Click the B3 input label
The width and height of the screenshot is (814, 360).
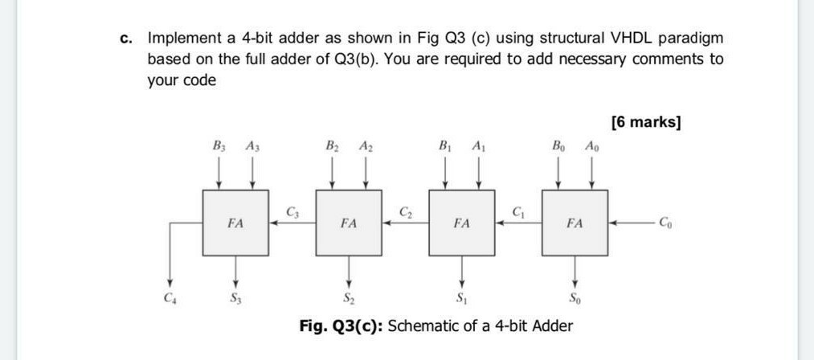[219, 146]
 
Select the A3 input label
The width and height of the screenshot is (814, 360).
[252, 146]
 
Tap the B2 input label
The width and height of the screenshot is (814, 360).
[332, 146]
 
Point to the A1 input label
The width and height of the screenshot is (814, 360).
[479, 146]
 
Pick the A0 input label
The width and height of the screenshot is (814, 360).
[592, 146]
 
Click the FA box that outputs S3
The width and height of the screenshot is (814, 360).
[235, 223]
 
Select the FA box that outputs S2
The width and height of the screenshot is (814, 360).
[349, 223]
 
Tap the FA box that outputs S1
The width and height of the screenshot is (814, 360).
[462, 223]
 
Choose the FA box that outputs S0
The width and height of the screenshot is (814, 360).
[575, 223]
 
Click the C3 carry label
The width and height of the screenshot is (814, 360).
[292, 212]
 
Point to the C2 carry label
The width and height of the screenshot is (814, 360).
[406, 212]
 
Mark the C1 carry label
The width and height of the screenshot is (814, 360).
[518, 212]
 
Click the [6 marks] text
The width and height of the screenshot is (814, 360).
[646, 122]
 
